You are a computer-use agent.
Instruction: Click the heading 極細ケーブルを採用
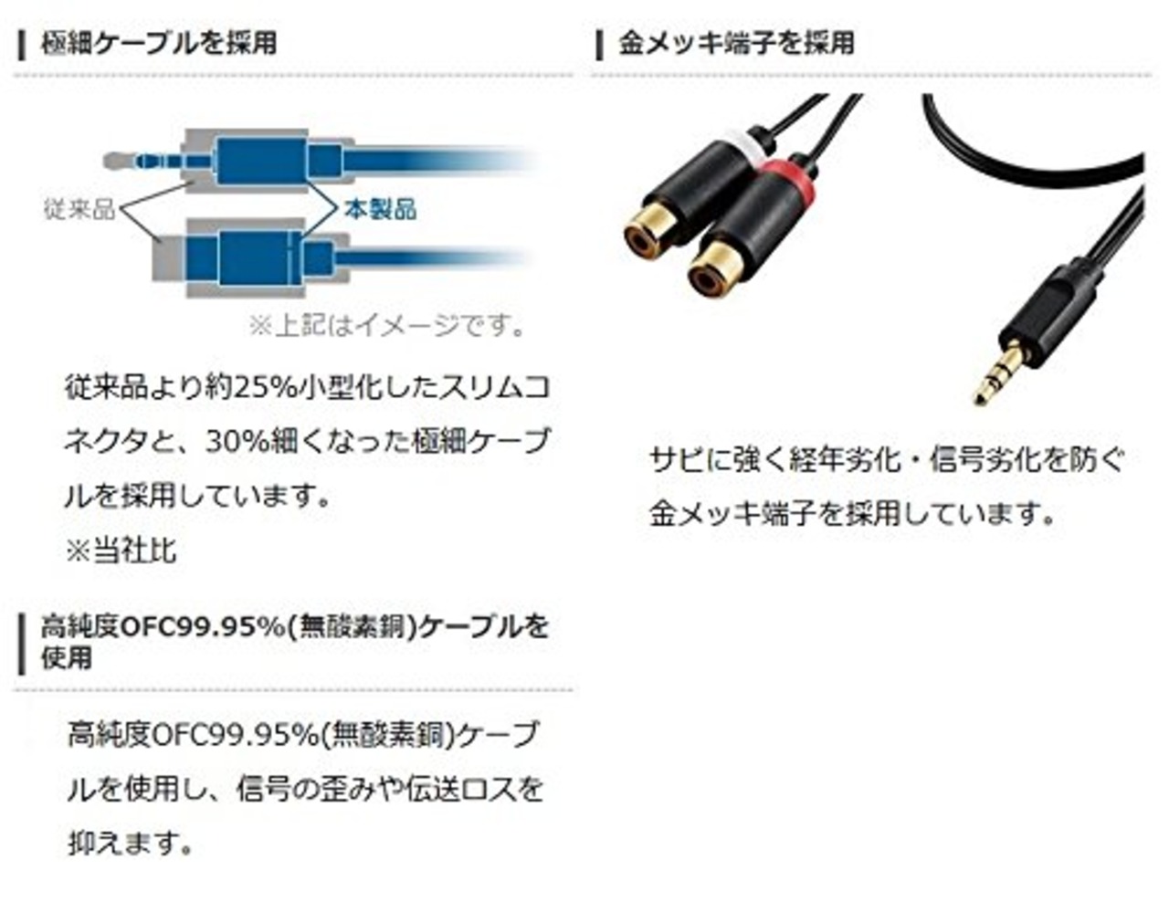158,43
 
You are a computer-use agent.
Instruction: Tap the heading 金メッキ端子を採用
736,43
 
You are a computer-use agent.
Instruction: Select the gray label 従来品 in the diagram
79,209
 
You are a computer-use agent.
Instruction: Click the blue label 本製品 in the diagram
380,209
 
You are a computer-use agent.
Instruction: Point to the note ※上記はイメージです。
387,325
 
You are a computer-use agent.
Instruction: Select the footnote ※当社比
121,550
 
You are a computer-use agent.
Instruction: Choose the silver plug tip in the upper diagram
114,163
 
